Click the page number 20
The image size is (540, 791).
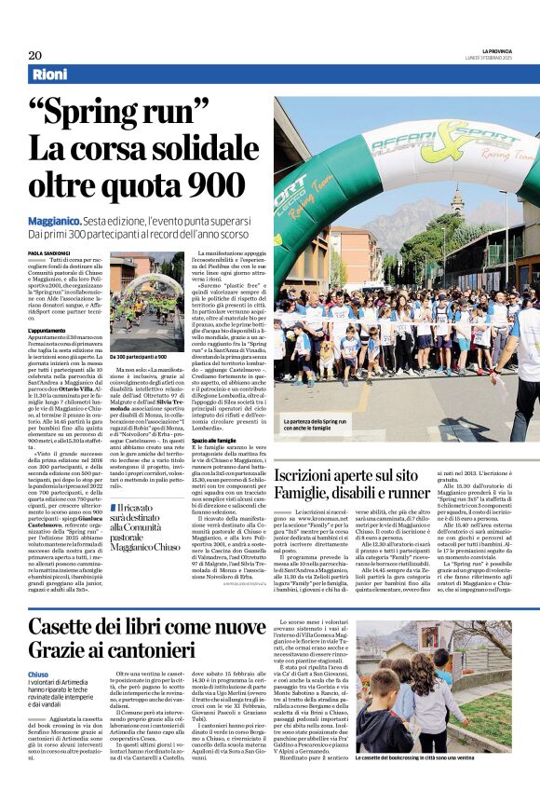pos(34,55)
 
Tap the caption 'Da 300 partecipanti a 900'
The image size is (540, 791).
pos(140,356)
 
